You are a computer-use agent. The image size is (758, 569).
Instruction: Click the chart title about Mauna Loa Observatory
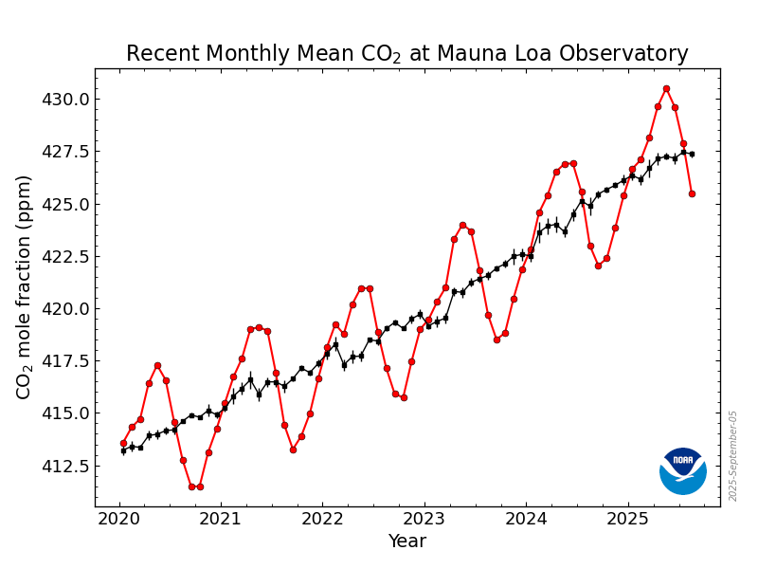tap(406, 54)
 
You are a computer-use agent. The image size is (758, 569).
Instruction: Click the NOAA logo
tap(683, 470)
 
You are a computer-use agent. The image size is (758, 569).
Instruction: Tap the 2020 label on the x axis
tap(119, 519)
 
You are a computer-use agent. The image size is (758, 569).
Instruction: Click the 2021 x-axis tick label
tap(221, 519)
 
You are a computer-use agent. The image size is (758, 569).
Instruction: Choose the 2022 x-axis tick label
tap(322, 519)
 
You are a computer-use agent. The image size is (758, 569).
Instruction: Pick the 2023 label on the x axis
tap(424, 519)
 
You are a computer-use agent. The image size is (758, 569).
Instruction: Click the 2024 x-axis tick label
tap(526, 519)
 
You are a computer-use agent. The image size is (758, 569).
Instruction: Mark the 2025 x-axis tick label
tap(627, 519)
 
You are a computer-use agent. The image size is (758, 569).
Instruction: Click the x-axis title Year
tap(406, 541)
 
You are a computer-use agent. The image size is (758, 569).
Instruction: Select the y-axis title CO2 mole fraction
tap(25, 286)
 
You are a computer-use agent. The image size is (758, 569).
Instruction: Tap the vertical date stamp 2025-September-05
tap(732, 456)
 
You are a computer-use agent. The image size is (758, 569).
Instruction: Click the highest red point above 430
tap(666, 88)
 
